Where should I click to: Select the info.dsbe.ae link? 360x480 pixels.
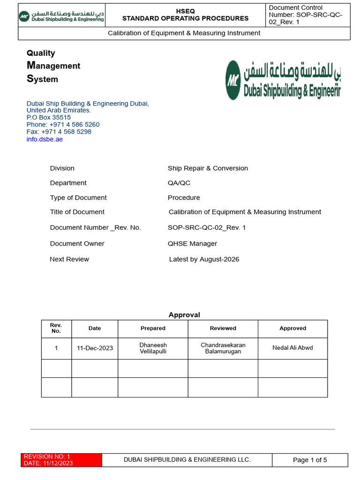coord(45,139)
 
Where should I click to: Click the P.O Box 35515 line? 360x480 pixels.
coord(49,118)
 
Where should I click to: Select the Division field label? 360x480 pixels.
coord(62,168)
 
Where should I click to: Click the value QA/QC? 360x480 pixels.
coord(179,183)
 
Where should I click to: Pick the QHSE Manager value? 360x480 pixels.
coord(192,243)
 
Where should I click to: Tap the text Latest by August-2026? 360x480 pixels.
coord(204,259)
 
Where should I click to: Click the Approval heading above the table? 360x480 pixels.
coord(184,315)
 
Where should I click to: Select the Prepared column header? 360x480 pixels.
coord(153,329)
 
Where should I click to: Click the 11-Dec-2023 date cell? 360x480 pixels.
coord(95,348)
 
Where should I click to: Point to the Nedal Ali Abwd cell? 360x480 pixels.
coord(292,348)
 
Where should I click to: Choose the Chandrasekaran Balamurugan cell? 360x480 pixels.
coord(223,348)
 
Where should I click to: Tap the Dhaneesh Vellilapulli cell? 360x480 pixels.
coord(153,348)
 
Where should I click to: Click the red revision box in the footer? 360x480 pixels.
coord(61,460)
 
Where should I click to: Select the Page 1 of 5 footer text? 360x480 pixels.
coord(310,460)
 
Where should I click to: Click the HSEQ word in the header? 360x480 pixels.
coord(185,11)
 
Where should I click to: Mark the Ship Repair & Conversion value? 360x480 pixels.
coord(208,168)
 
